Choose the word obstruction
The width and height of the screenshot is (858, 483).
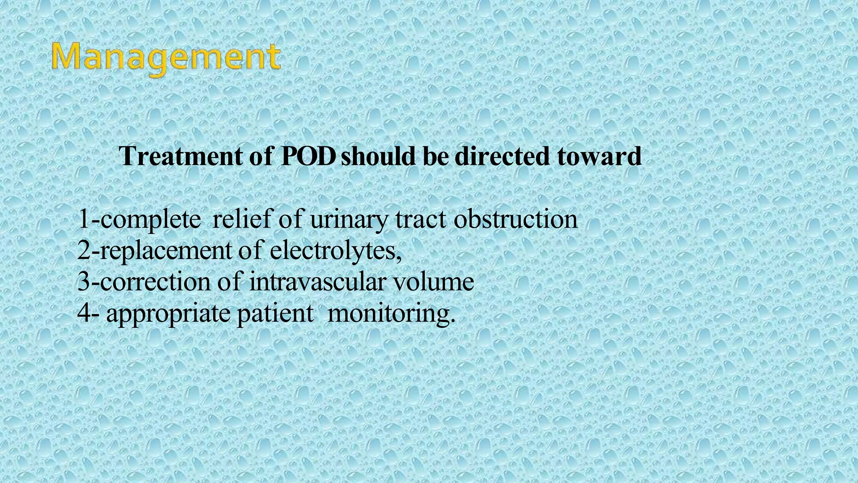[515, 219]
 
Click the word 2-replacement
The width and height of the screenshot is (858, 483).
[154, 251]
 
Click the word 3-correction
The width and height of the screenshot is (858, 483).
[143, 282]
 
